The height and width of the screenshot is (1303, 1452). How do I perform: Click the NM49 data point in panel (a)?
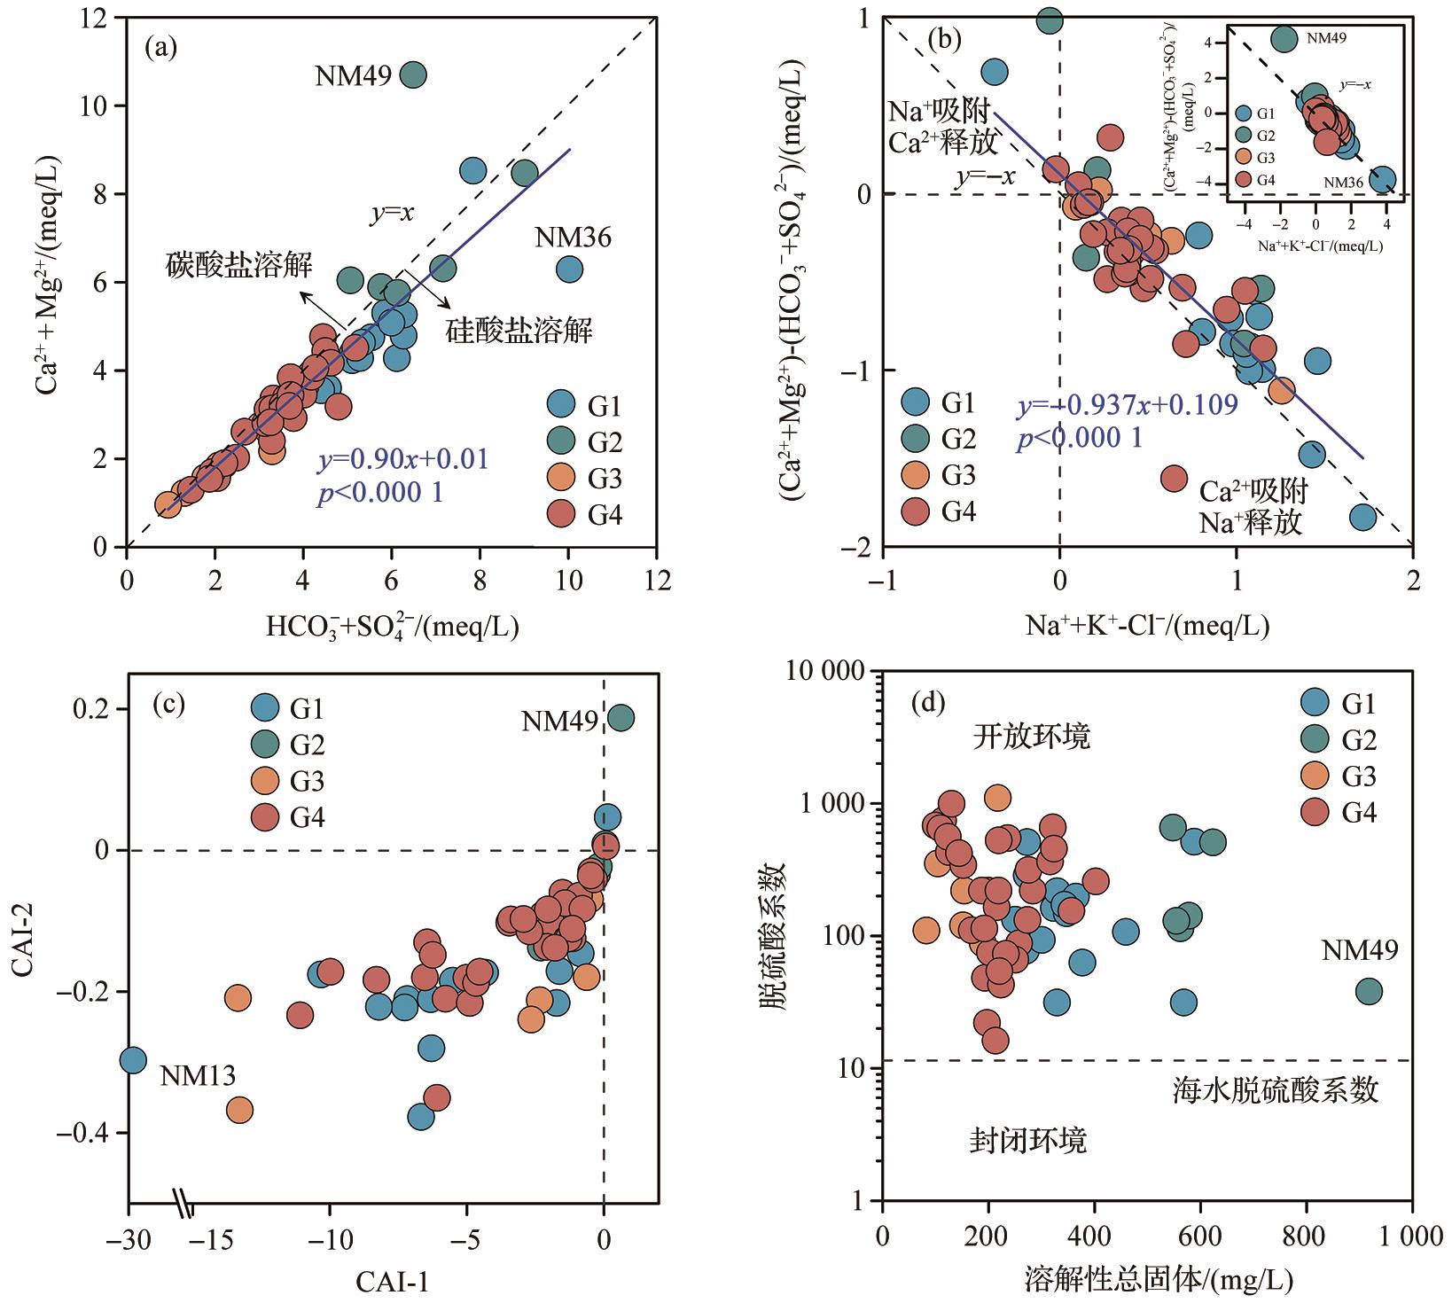413,75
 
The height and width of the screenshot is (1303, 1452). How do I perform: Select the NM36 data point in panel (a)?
569,269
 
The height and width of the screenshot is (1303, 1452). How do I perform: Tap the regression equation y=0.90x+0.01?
403,459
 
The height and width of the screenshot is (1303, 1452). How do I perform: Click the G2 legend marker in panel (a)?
560,442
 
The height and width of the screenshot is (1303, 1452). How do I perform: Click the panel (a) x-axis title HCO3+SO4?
392,628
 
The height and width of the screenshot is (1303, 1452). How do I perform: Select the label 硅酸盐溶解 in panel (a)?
519,331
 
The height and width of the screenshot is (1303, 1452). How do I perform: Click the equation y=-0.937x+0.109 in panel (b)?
1127,406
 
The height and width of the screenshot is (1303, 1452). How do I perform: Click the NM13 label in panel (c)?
198,1076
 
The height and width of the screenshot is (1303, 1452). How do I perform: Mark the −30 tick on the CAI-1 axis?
129,1238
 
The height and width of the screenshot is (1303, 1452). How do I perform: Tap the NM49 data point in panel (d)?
1369,992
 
